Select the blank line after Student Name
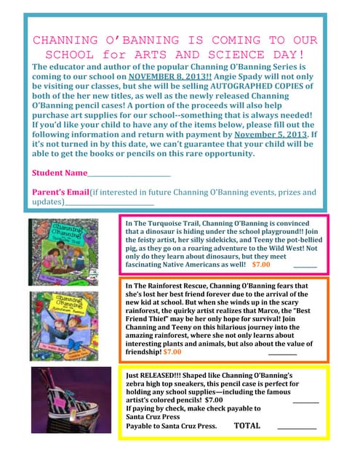129,174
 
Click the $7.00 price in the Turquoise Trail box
261,265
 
